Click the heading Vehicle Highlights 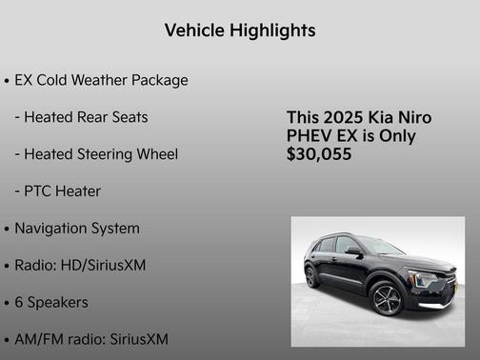239,30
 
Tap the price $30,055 318,153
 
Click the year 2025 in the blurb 343,117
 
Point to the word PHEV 309,135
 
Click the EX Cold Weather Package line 101,80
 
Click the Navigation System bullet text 77,229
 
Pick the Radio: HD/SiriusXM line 80,265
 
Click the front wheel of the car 388,299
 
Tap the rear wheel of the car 311,277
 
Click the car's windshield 379,247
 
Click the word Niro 413,117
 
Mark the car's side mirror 353,250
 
